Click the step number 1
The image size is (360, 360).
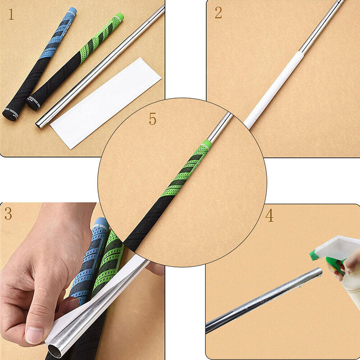point(11,15)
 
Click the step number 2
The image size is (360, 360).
point(218,13)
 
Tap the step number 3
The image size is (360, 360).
point(8,214)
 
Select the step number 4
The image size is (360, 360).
point(269,216)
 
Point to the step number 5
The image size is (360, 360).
point(153,119)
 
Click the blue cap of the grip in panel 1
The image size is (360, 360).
point(72,10)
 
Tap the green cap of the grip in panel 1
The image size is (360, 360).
point(120,17)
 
